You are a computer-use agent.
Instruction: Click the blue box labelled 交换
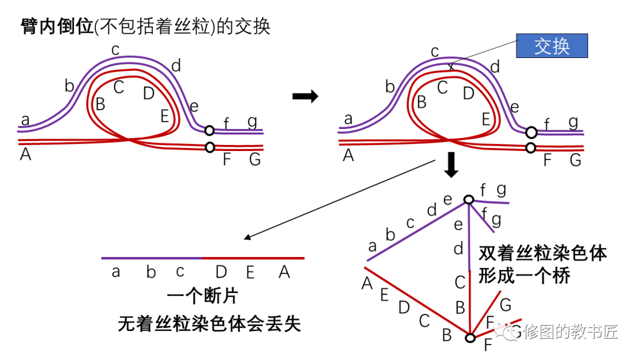[x=551, y=46]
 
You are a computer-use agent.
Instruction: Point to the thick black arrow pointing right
[x=305, y=97]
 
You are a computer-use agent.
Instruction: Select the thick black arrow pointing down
[x=451, y=165]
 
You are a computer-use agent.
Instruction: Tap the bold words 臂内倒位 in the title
[x=57, y=27]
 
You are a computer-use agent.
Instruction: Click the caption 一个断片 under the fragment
[x=203, y=297]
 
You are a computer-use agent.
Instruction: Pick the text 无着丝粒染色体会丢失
[x=209, y=323]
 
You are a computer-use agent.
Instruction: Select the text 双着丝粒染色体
[x=543, y=253]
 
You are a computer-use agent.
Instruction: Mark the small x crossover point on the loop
[x=451, y=67]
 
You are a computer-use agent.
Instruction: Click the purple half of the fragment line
[x=151, y=258]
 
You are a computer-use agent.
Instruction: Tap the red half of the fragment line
[x=253, y=258]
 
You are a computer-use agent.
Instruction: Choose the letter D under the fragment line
[x=221, y=272]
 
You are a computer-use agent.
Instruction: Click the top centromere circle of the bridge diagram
[x=469, y=200]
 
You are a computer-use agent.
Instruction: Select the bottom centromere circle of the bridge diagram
[x=470, y=338]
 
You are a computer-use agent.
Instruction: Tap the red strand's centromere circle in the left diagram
[x=209, y=147]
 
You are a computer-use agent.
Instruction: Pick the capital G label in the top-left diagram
[x=254, y=160]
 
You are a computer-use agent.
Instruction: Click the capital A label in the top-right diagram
[x=348, y=156]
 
